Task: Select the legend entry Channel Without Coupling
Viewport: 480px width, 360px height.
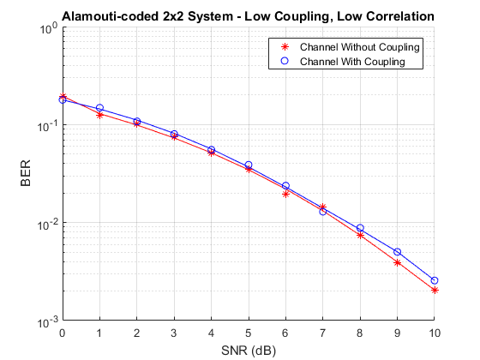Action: point(360,47)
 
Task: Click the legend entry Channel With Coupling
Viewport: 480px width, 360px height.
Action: point(352,62)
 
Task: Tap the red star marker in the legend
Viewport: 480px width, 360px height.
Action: point(285,47)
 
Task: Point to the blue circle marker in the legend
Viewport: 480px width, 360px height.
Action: point(285,61)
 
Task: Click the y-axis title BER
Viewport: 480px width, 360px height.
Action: point(26,173)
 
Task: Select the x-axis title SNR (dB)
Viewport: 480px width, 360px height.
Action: point(249,351)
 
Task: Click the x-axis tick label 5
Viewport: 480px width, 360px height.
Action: point(249,333)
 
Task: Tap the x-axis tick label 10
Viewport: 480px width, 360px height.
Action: point(434,333)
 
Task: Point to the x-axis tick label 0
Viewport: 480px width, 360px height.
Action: point(62,333)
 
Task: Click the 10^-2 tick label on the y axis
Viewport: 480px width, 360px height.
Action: point(48,225)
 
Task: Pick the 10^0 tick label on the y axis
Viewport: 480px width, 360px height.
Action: point(49,29)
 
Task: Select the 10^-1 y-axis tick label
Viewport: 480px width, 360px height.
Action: point(48,127)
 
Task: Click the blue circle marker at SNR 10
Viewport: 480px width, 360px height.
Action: point(434,280)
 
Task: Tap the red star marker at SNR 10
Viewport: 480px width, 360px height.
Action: point(435,291)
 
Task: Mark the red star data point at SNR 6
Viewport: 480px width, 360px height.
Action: point(285,194)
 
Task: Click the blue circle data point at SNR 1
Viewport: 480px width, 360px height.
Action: point(99,108)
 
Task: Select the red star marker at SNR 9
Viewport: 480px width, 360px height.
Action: point(398,262)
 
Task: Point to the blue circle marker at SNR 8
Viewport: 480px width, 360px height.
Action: point(360,228)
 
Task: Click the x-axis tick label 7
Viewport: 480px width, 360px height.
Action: point(322,333)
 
